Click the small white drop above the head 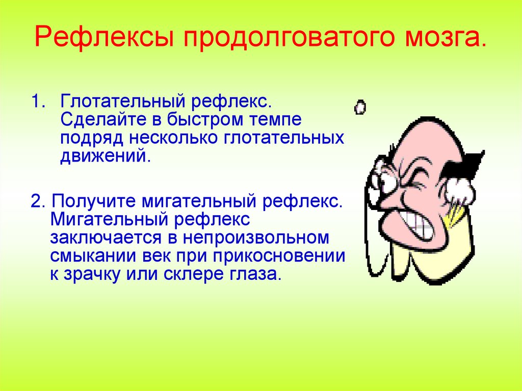pyautogui.click(x=360, y=107)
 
